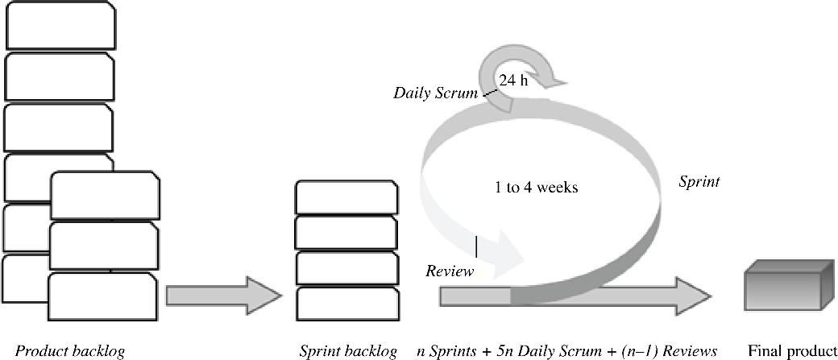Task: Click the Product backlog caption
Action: click(x=71, y=351)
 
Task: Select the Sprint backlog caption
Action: click(x=348, y=351)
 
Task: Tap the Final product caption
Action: click(x=793, y=351)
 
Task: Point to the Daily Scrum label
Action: click(x=435, y=93)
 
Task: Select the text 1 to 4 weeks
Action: click(x=536, y=188)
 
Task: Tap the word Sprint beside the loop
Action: click(x=699, y=182)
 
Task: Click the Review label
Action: click(x=450, y=271)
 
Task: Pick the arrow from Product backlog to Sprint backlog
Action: click(x=223, y=296)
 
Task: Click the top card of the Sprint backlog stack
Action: click(x=346, y=197)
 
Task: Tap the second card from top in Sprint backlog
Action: click(x=346, y=233)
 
